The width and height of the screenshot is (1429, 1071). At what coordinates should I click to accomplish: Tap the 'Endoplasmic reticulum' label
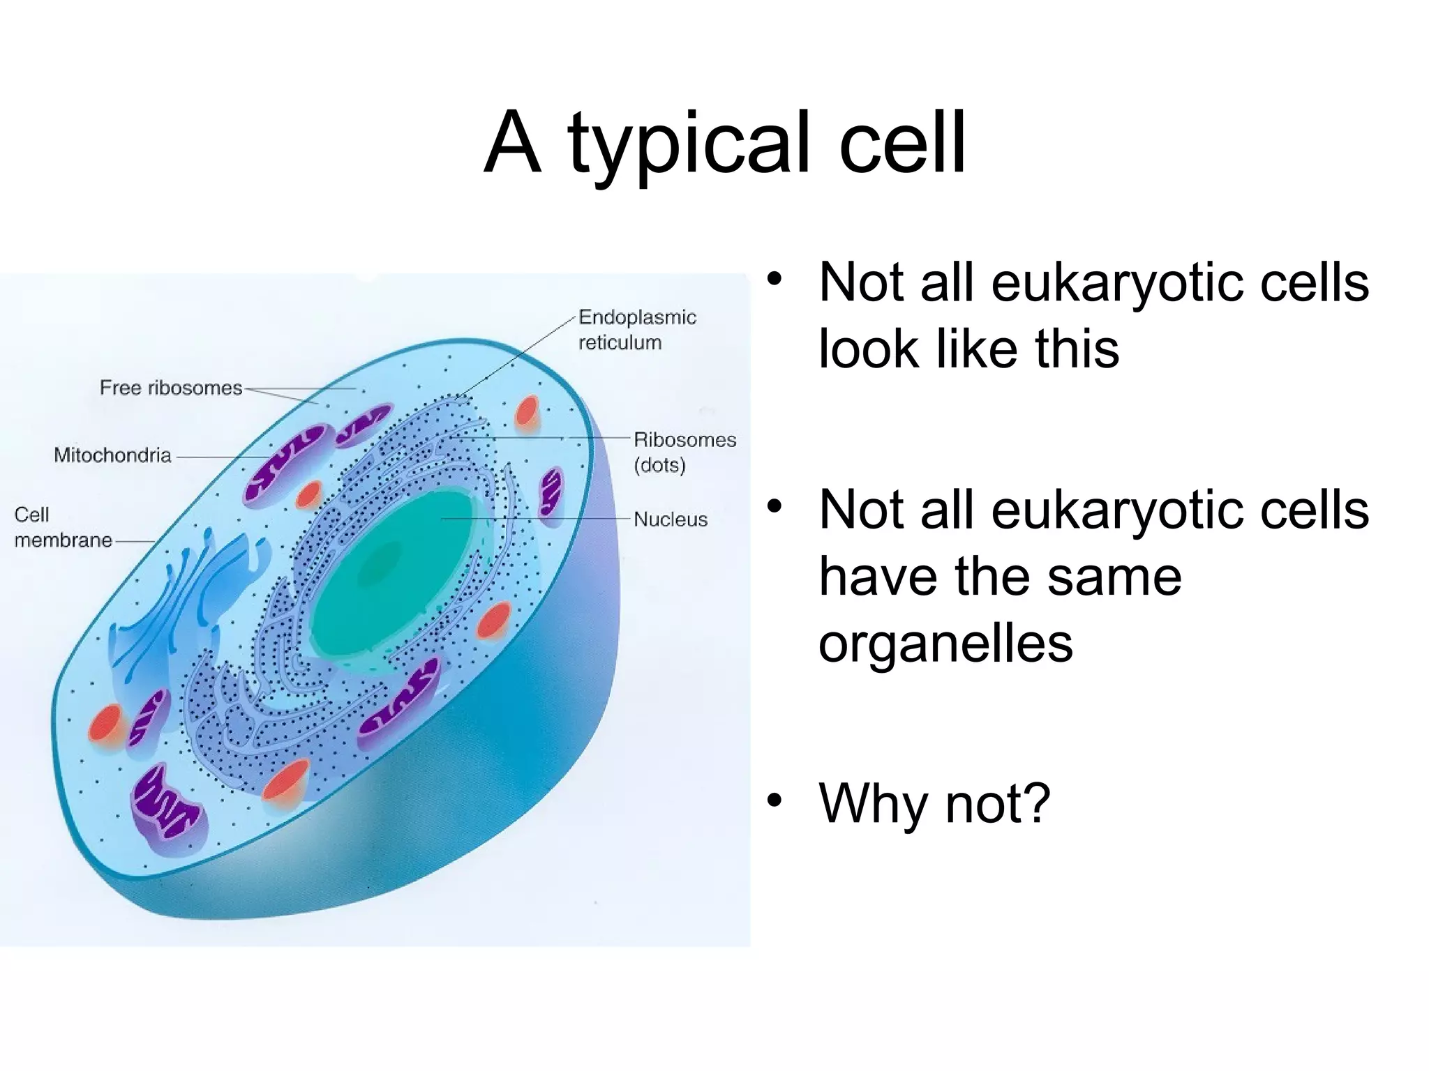tap(636, 330)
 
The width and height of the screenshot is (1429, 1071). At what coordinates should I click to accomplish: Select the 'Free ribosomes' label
tap(170, 388)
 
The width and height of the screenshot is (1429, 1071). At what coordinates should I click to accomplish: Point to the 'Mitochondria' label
tap(112, 455)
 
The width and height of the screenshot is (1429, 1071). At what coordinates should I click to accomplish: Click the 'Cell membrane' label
tap(62, 527)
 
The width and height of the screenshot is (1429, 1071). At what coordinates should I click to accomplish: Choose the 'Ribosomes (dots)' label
tap(684, 453)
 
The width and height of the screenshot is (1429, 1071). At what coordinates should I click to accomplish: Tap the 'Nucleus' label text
tap(670, 519)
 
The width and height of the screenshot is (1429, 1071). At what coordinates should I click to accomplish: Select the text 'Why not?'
tap(934, 803)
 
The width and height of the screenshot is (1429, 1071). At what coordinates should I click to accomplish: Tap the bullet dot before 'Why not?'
tap(774, 800)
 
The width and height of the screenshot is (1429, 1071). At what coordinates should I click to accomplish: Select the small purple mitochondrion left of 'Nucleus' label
tap(551, 491)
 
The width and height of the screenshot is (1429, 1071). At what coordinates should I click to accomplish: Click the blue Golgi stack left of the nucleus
tap(188, 600)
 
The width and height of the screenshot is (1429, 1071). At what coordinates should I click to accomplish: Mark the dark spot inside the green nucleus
tap(380, 565)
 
